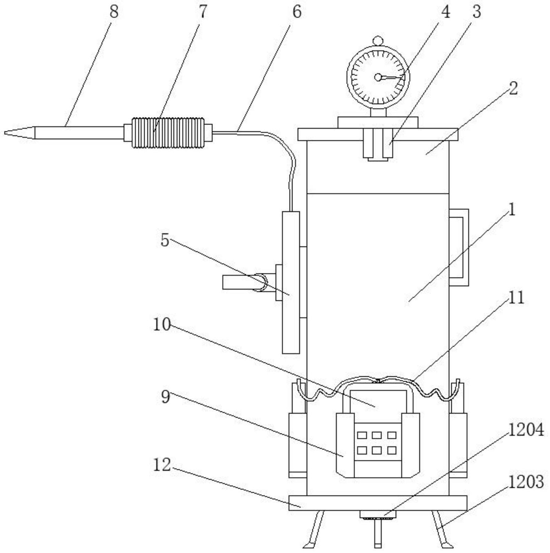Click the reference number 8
point(114,12)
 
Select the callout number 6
point(296,12)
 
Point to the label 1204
point(526,431)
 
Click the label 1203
point(526,482)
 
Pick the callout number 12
point(162,465)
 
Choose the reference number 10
point(162,324)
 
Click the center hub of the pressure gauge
point(378,77)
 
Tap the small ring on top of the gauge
point(378,40)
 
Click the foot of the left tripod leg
point(308,546)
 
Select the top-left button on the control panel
point(362,435)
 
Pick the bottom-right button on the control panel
point(392,450)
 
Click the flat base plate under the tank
point(378,503)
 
